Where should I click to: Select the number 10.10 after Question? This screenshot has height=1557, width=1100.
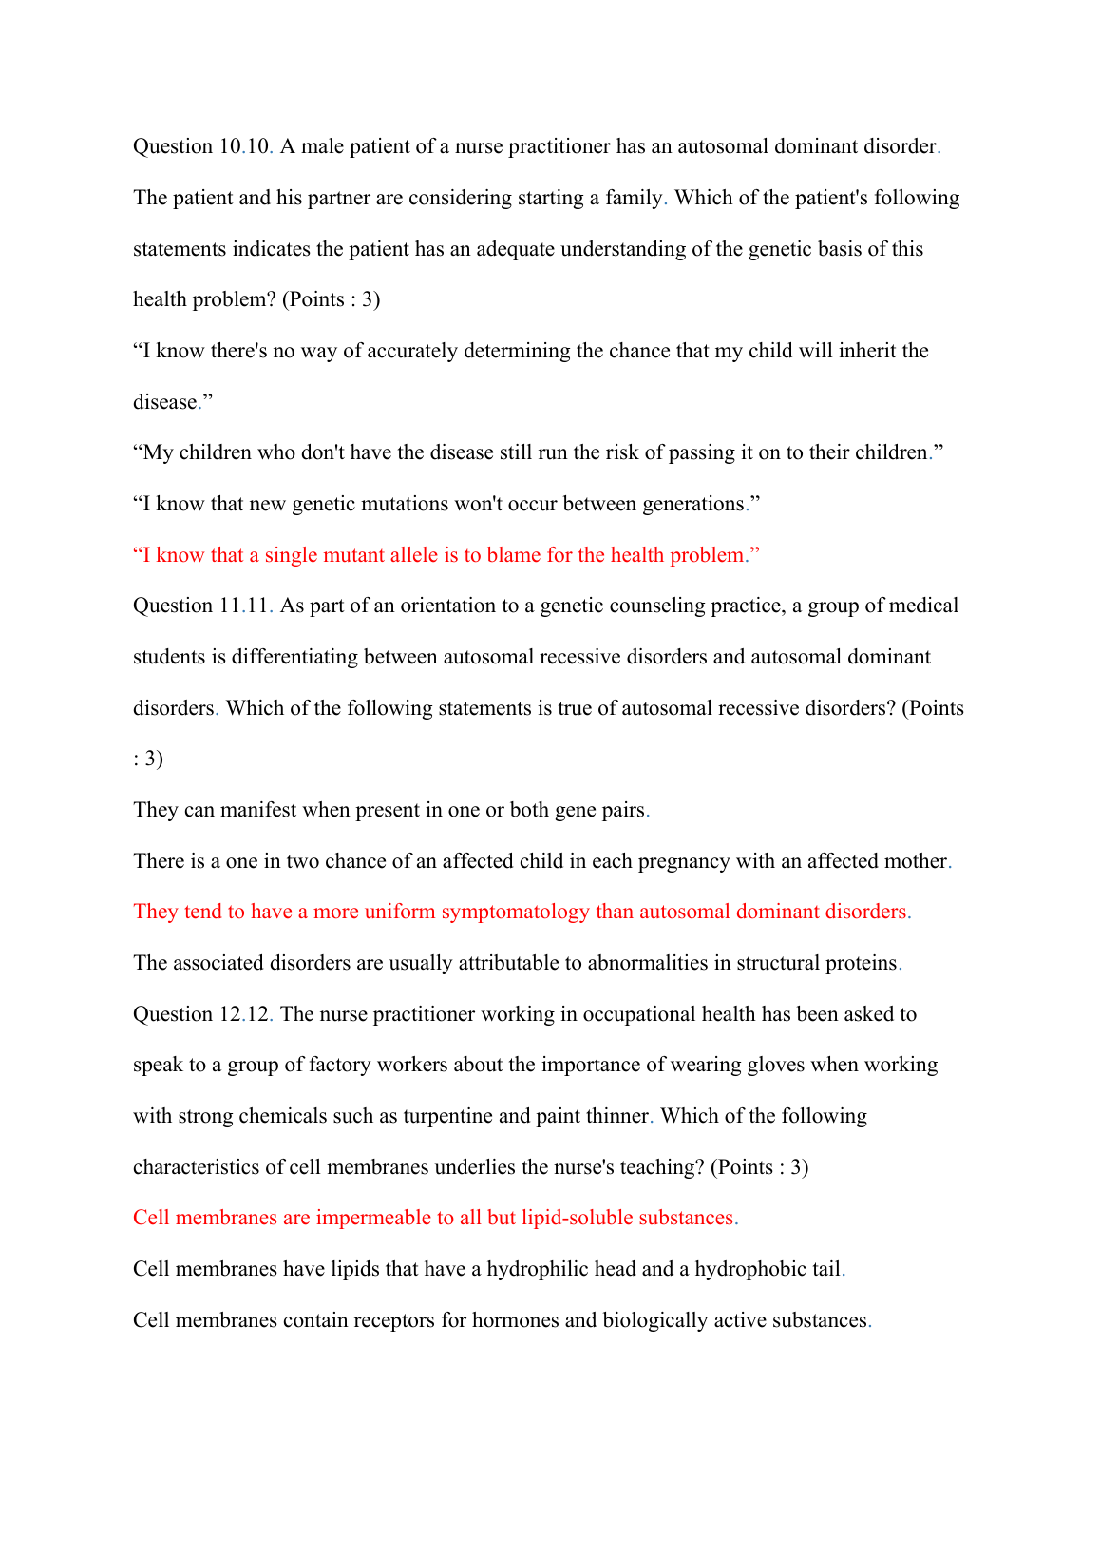pos(246,146)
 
